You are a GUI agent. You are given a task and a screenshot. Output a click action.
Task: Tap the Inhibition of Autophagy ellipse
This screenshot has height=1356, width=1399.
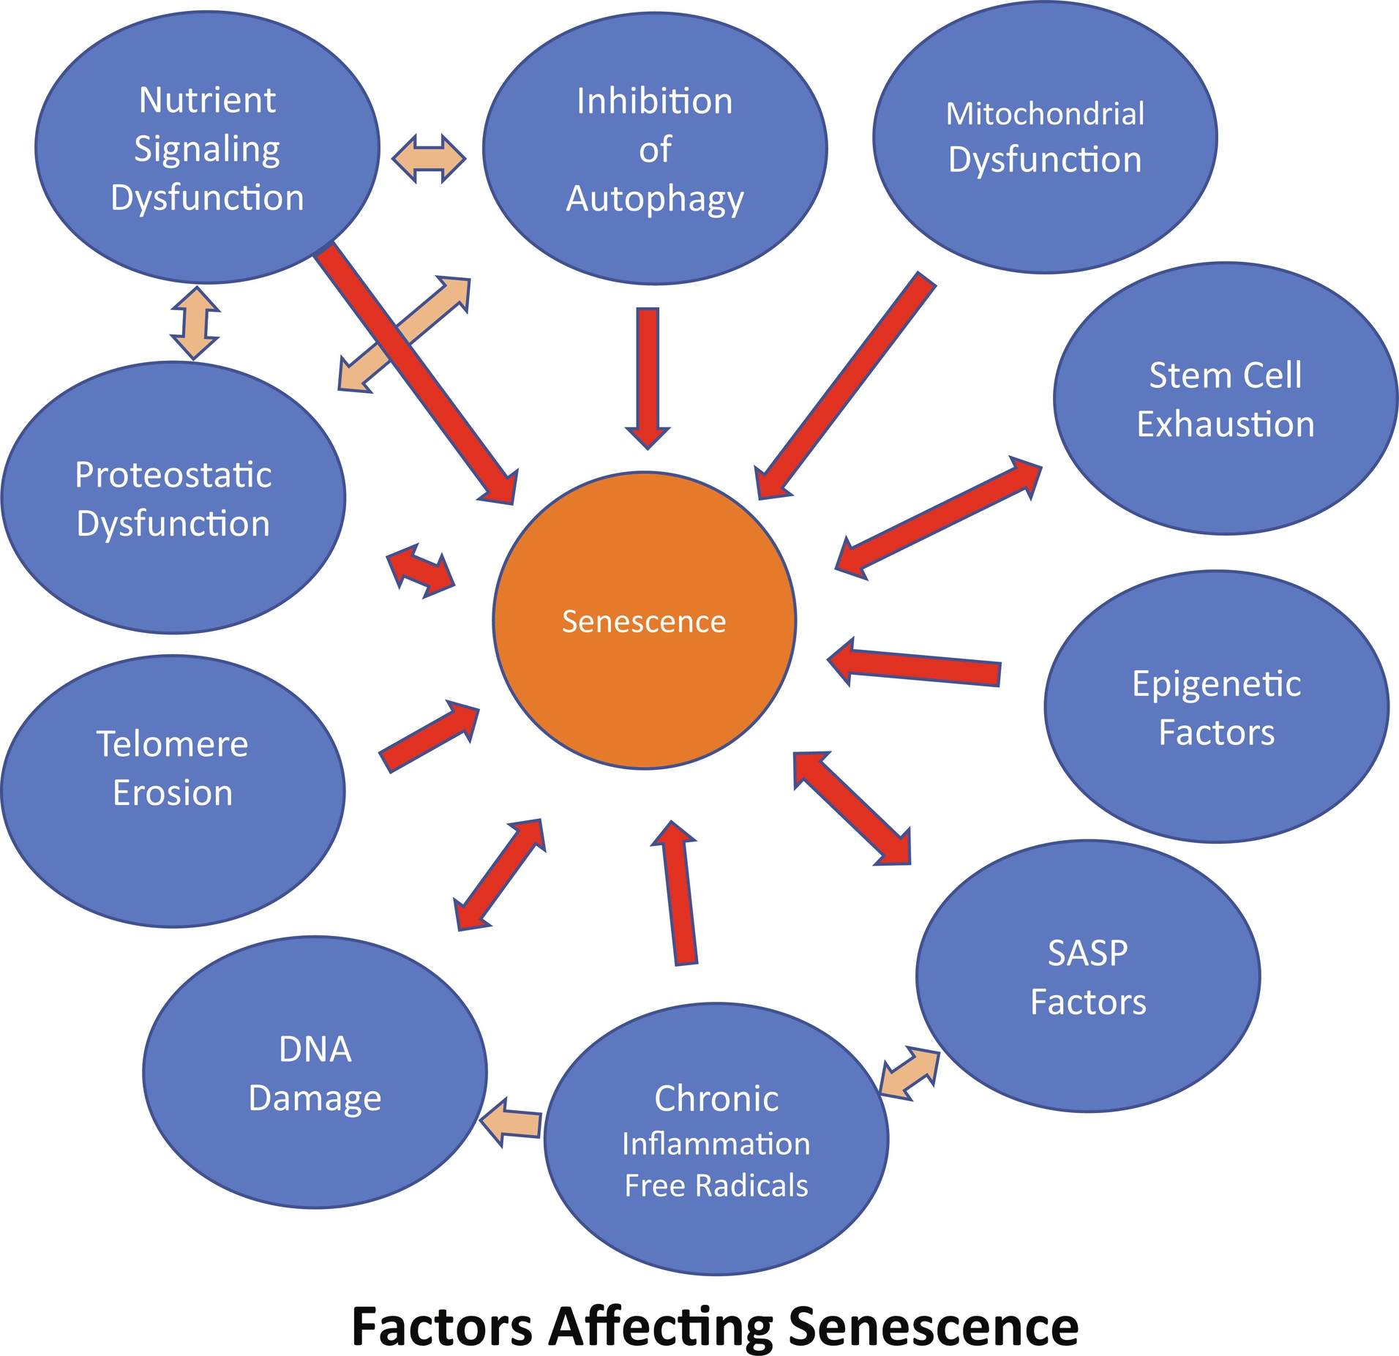(655, 149)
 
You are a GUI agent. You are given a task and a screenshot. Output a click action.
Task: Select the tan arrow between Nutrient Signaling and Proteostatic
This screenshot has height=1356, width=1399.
(195, 323)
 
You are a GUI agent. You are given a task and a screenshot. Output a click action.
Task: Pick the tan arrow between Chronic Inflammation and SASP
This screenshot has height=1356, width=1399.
(909, 1073)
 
